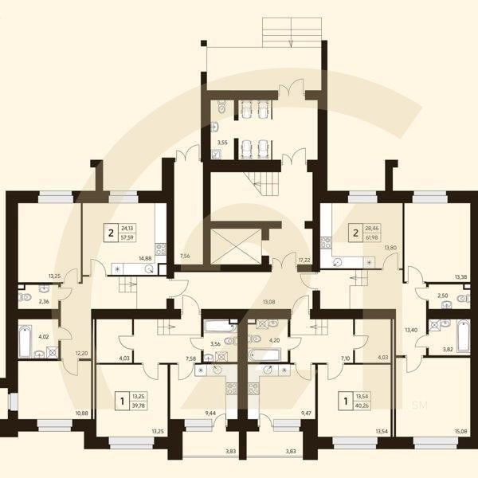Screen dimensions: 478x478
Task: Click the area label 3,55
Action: pyautogui.click(x=224, y=143)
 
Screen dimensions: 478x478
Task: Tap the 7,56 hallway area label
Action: pyautogui.click(x=185, y=256)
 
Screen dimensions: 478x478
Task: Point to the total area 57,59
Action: pyautogui.click(x=127, y=237)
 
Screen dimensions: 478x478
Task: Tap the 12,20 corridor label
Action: pyautogui.click(x=81, y=352)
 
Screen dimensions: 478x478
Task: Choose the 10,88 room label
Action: pyautogui.click(x=81, y=412)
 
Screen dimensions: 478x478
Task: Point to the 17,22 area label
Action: pyautogui.click(x=304, y=260)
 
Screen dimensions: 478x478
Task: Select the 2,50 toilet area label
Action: pyautogui.click(x=443, y=296)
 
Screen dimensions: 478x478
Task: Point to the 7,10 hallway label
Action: pyautogui.click(x=346, y=358)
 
